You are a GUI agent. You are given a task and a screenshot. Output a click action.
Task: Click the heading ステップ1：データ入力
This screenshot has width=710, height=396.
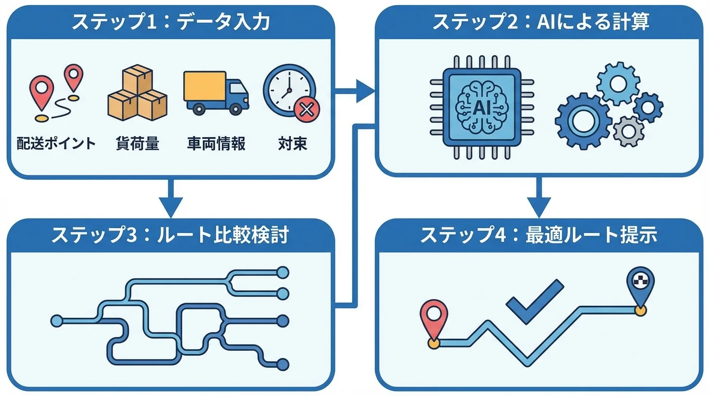click(170, 22)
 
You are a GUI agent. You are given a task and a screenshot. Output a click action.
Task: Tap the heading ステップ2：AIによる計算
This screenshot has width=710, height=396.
click(540, 22)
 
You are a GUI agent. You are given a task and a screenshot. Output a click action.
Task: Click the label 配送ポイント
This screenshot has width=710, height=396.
click(56, 143)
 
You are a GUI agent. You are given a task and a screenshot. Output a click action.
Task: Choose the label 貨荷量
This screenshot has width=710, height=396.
click(138, 143)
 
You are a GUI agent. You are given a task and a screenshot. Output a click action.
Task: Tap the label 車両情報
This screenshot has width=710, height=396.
click(216, 143)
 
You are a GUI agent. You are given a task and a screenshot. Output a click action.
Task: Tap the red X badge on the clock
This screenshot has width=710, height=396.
click(306, 109)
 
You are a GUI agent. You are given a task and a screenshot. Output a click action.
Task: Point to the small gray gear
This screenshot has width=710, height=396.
click(628, 131)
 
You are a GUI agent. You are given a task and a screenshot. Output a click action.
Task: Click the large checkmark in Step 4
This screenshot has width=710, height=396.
click(534, 301)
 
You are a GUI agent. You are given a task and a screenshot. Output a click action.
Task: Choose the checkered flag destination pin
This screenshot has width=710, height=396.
click(640, 283)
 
